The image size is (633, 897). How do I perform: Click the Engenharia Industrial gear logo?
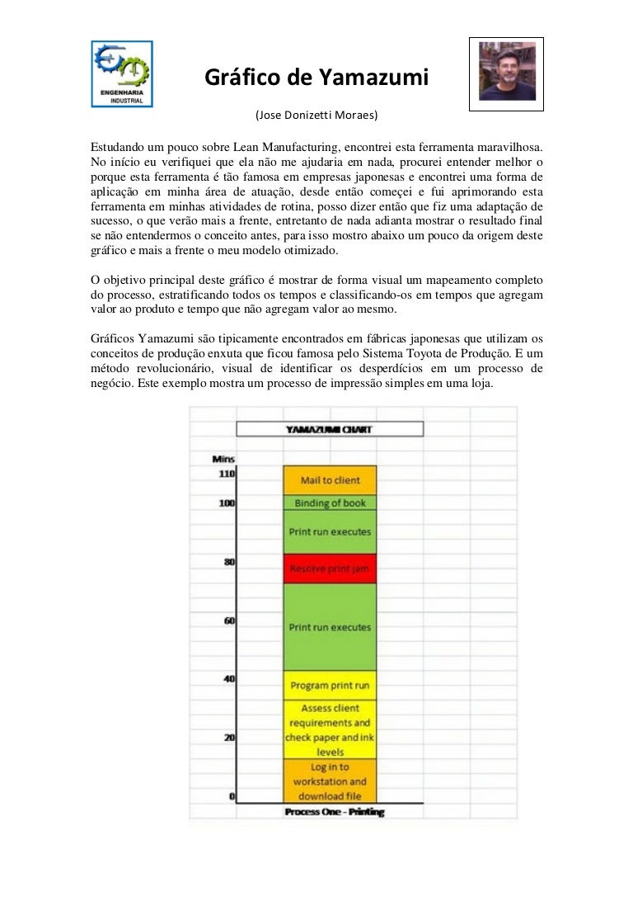tap(121, 73)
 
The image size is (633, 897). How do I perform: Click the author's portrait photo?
tap(507, 73)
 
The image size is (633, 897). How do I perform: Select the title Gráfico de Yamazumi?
tap(316, 78)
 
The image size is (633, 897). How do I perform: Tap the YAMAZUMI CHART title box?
tap(330, 429)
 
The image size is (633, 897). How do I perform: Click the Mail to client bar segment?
tap(330, 480)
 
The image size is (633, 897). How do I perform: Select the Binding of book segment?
tap(330, 503)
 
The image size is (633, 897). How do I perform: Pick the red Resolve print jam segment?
tap(330, 569)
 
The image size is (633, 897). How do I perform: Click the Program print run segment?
tap(330, 686)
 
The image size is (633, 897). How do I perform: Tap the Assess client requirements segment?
tap(330, 729)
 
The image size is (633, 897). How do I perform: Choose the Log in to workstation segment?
tap(330, 781)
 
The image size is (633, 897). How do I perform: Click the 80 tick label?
tap(229, 562)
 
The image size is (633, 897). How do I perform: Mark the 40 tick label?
tap(229, 679)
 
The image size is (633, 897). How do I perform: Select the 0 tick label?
tap(232, 796)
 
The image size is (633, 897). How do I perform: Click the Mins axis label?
tap(223, 459)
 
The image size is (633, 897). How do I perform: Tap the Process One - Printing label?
tap(335, 812)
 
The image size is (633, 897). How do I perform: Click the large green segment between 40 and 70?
tap(330, 627)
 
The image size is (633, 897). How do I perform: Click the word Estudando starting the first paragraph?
tap(117, 144)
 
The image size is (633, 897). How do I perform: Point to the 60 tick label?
tap(229, 621)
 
